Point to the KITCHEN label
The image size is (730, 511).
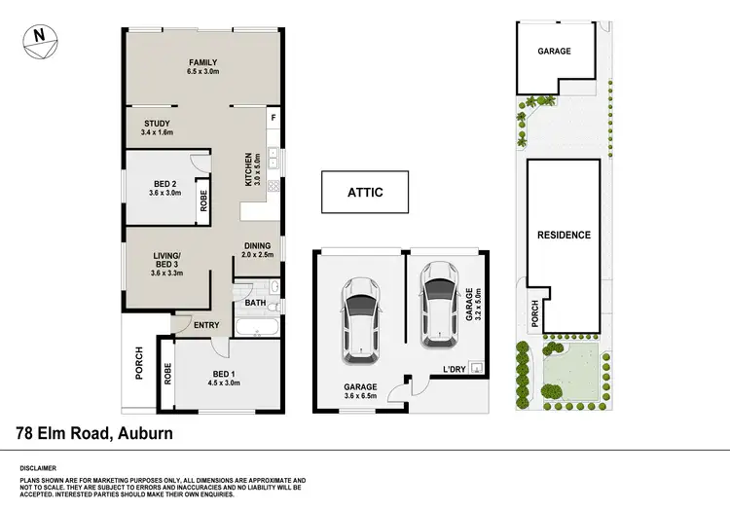[x=250, y=169]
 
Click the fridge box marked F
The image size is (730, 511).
[x=274, y=119]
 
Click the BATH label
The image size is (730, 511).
[x=255, y=303]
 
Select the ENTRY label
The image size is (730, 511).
[x=205, y=325]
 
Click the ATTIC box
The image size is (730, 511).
[x=365, y=193]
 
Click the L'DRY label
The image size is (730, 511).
[x=455, y=370]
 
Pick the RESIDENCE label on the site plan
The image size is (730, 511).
[x=564, y=235]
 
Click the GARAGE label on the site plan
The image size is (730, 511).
[x=552, y=52]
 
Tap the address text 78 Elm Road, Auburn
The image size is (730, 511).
[x=95, y=432]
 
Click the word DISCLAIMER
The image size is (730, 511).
[x=39, y=468]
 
